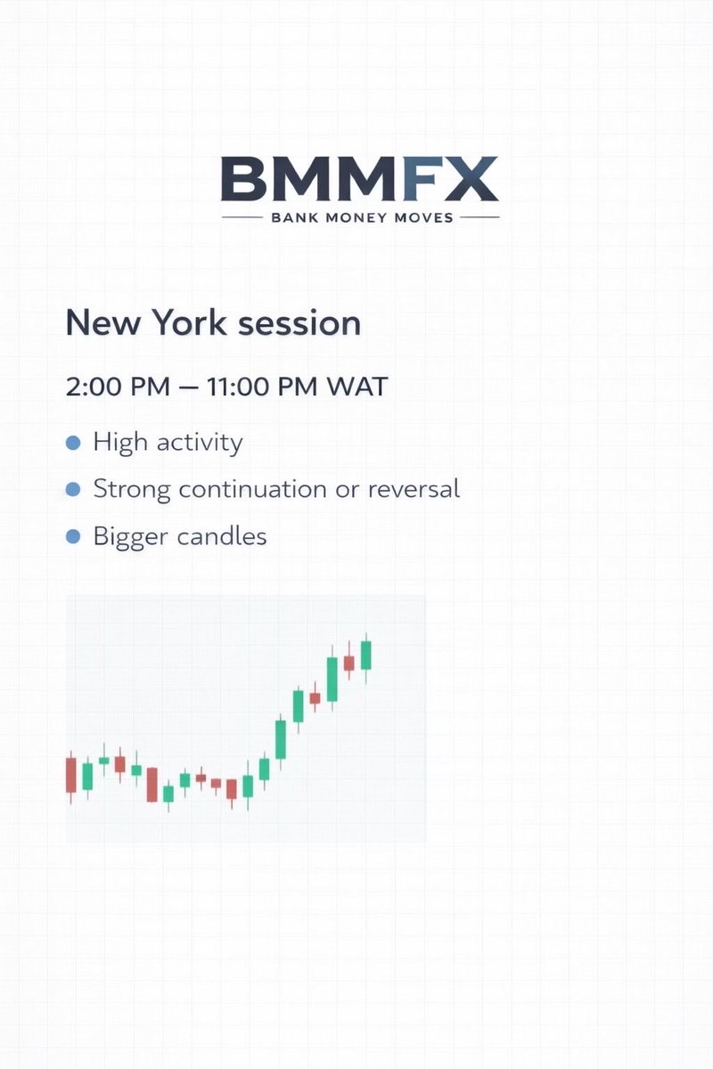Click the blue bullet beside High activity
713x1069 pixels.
pos(74,443)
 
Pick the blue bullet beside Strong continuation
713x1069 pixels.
pos(74,490)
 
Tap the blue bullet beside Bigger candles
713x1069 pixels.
pos(74,537)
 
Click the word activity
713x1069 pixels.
pos(199,443)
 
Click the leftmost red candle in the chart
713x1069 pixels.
pos(71,775)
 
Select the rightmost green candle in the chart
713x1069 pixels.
pos(365,655)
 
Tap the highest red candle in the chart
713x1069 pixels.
pos(348,663)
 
